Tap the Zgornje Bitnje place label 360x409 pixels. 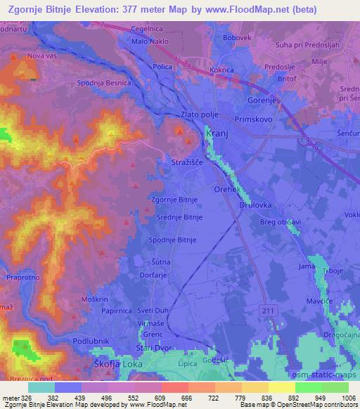point(174,200)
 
